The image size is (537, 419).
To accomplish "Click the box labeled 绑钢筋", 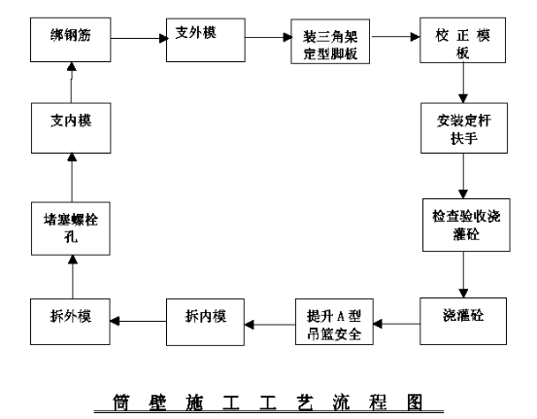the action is coord(71,40).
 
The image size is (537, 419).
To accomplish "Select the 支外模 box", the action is coord(206,40).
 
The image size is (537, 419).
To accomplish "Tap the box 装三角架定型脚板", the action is coord(330,42).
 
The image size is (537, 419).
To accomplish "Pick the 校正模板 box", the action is coord(462,41).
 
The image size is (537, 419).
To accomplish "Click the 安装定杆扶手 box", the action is coord(464,128).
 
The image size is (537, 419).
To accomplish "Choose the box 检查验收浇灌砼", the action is coord(466,225).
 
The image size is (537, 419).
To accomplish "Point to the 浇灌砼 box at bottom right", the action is coord(463,321).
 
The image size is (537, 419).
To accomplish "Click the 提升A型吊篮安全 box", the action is coord(334,322).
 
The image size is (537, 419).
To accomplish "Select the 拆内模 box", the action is coord(205,322).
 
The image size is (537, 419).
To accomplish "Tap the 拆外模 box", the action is coord(70,322).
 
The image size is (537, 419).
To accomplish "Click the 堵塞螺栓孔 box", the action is coord(71,228).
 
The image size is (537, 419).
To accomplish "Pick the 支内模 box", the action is coord(71,128).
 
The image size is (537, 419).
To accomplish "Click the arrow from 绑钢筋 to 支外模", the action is coord(140,38).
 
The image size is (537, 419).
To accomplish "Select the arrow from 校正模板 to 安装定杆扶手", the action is coord(463,83).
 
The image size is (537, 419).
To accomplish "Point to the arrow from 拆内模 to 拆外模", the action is coord(138,321).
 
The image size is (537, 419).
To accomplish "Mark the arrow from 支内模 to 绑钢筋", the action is coord(72,83).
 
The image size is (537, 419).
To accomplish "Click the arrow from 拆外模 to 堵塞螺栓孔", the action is coord(72,277).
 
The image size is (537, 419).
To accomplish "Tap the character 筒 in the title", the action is coord(121,402).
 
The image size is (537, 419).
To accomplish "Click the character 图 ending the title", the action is coord(415,402).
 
